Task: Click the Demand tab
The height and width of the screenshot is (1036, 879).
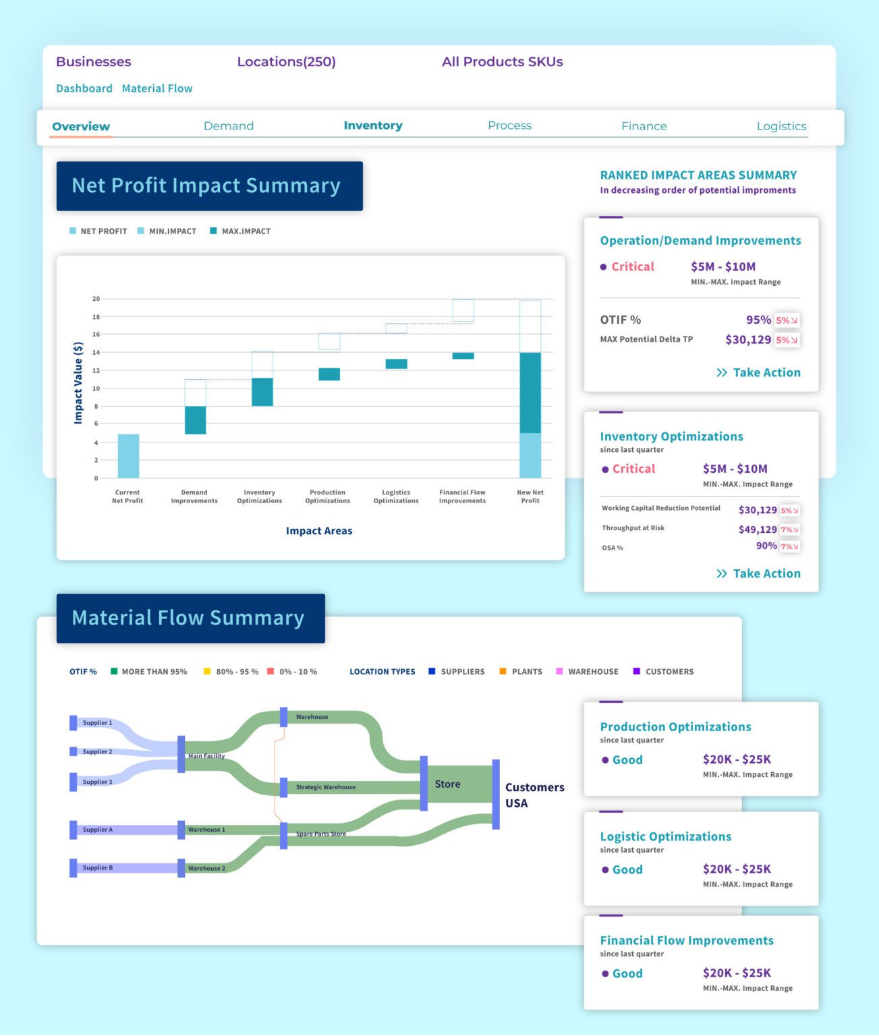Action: pos(229,126)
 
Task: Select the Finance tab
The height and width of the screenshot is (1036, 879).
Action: pos(644,126)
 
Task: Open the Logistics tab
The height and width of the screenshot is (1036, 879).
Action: pos(781,126)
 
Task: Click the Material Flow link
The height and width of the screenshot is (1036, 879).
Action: pos(157,88)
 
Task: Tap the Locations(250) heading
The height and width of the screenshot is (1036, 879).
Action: pos(286,62)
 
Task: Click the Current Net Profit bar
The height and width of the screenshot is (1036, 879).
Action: pos(128,456)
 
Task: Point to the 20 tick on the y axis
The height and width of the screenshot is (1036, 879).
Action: pos(96,299)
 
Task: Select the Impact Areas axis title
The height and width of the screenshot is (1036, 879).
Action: pos(319,531)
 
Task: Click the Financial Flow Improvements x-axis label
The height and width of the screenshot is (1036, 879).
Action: pos(462,496)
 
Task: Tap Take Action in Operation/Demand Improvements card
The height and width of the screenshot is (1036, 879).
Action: pos(759,373)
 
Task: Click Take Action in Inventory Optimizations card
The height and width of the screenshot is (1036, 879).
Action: pos(759,574)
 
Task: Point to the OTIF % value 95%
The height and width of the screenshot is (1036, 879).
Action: pos(758,320)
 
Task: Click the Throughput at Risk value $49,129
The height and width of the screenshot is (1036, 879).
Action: pos(758,529)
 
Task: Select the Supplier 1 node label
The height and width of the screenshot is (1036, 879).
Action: pos(97,723)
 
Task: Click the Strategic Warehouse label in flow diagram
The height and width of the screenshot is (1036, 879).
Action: pos(325,787)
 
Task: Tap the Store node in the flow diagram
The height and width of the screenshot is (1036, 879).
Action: pos(447,784)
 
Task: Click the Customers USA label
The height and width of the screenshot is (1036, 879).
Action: pos(534,795)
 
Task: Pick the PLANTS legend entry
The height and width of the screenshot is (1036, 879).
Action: pos(526,672)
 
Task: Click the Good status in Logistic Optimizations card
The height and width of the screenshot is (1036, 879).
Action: pos(627,870)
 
